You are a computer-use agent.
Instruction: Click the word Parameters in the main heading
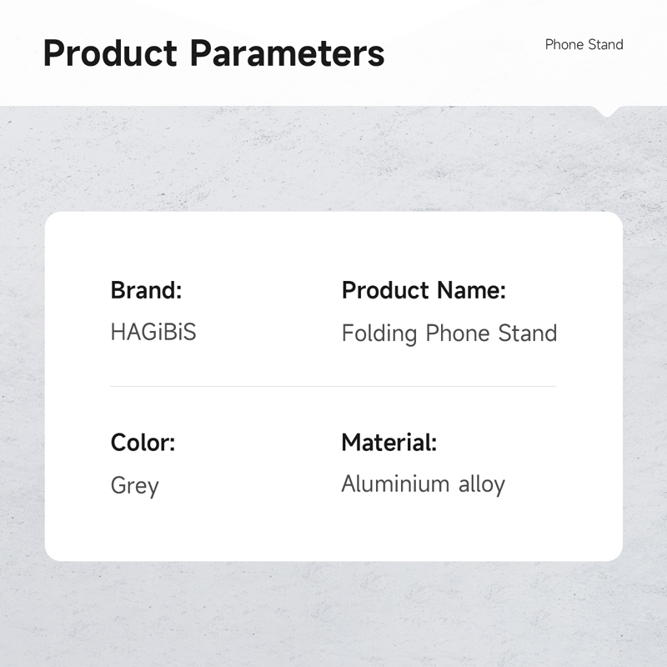(287, 53)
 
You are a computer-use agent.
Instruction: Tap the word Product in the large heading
(110, 53)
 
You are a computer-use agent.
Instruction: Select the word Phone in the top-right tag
(564, 44)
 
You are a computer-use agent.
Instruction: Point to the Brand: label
(147, 290)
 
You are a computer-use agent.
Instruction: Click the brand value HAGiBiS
(153, 332)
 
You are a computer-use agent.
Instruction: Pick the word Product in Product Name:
(385, 290)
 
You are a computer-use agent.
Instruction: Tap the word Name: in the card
(472, 290)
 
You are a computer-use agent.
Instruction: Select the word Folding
(379, 333)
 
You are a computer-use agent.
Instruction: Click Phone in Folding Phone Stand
(457, 333)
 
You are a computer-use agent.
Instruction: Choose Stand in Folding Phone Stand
(528, 333)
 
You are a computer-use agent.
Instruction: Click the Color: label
(143, 443)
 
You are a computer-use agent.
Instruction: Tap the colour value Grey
(135, 486)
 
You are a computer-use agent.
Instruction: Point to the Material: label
(389, 443)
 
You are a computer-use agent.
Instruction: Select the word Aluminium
(395, 484)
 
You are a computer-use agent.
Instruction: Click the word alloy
(482, 485)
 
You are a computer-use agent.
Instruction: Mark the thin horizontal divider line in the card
(333, 386)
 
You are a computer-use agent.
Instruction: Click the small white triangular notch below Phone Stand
(607, 111)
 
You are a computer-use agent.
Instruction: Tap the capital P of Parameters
(201, 53)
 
